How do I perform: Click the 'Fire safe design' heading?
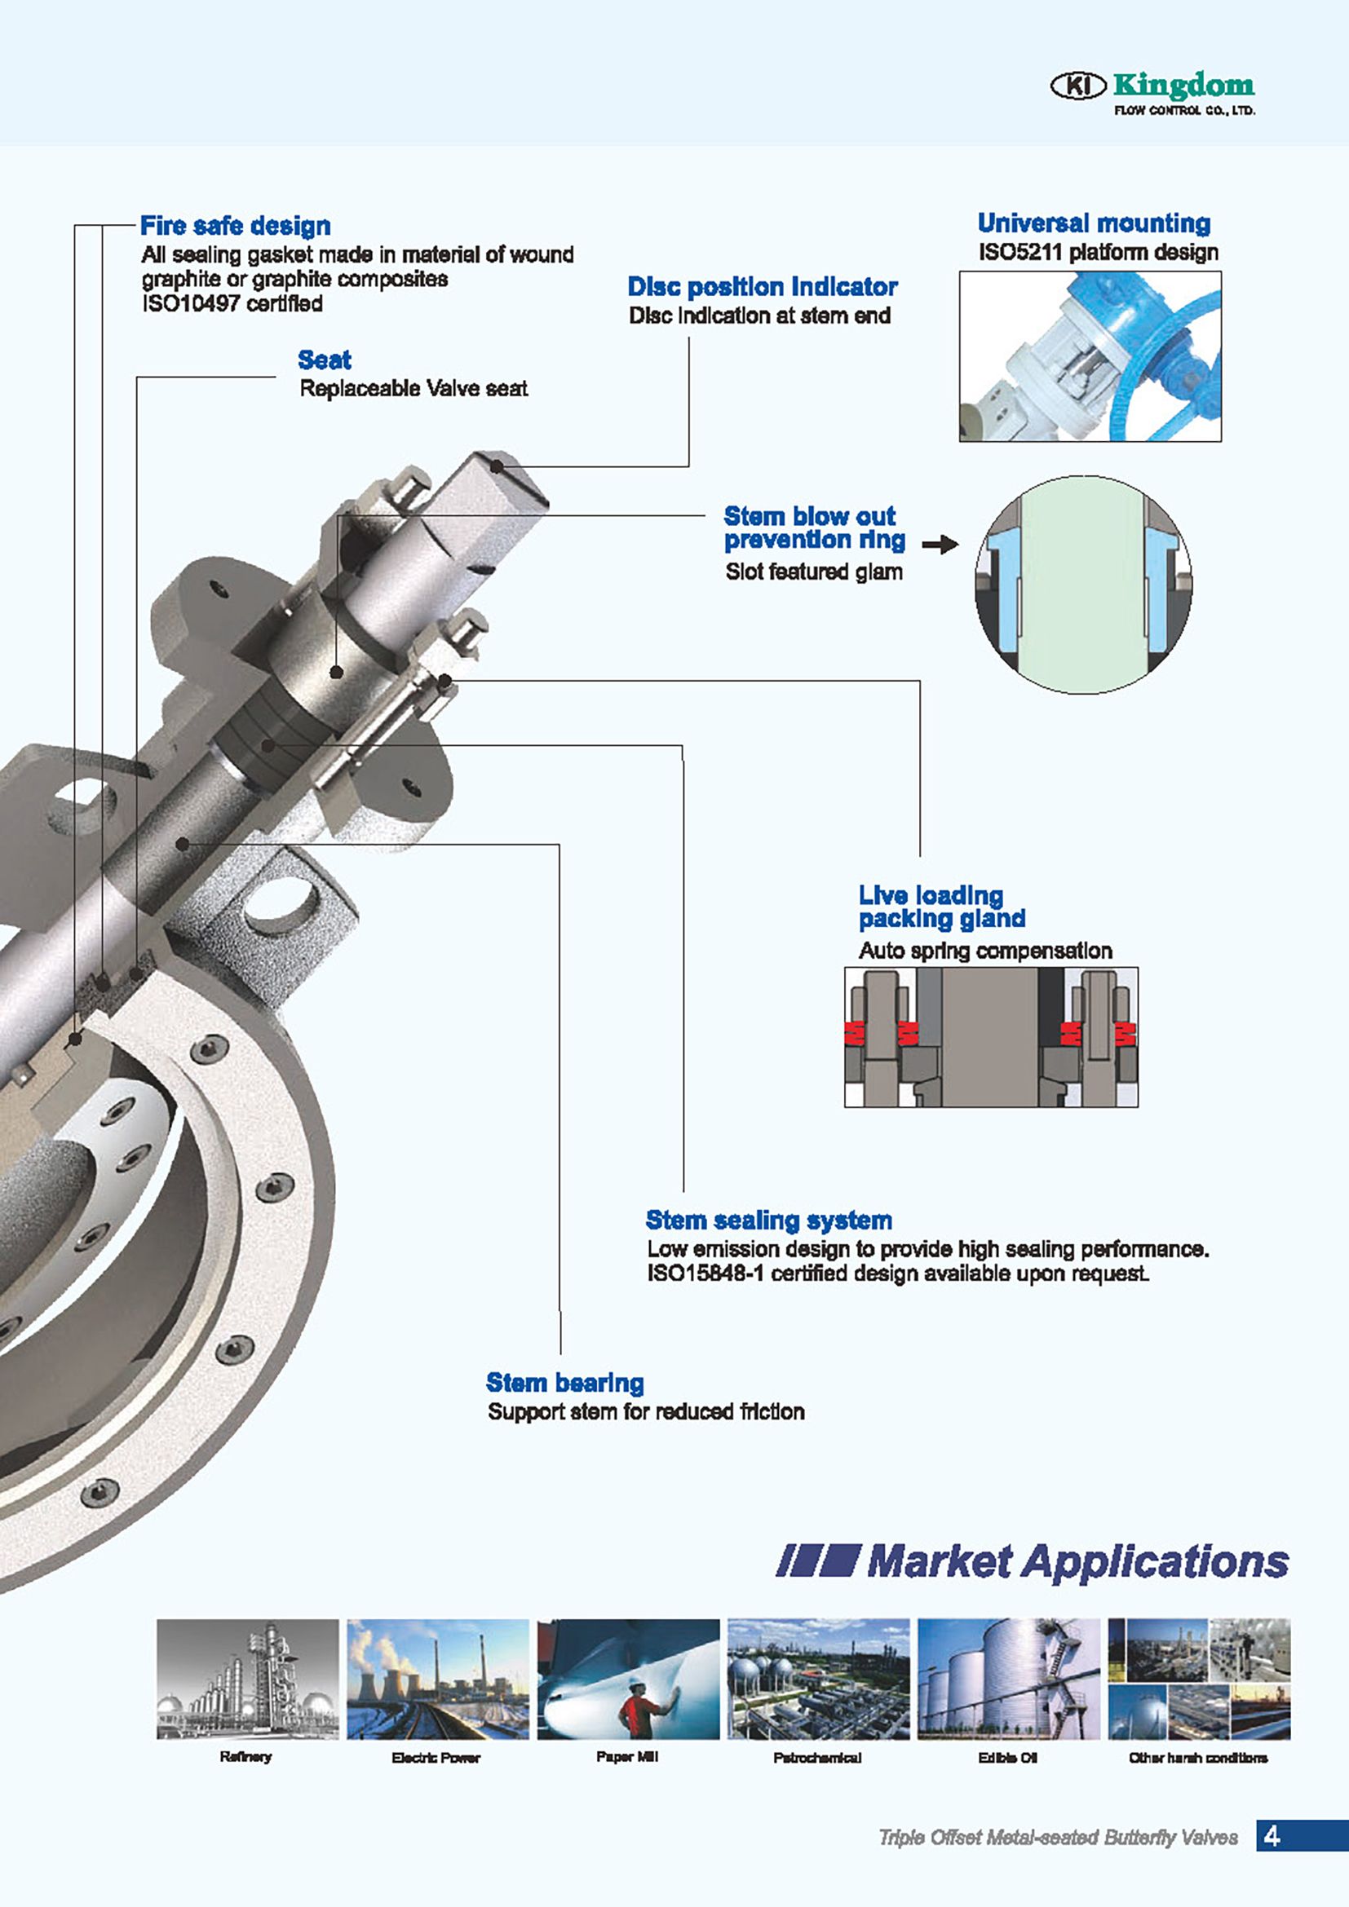coord(235,226)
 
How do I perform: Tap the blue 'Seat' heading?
coord(324,360)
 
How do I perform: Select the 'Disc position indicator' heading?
coord(762,286)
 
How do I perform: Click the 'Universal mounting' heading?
coord(1093,223)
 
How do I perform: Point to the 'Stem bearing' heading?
coord(565,1382)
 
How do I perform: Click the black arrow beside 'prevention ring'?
coord(940,545)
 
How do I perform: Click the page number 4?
coord(1271,1835)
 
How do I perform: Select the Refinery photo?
coord(248,1679)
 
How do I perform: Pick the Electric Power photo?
coord(438,1679)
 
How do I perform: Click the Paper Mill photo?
coord(628,1679)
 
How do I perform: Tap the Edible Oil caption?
coord(1007,1758)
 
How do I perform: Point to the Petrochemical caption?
coord(817,1758)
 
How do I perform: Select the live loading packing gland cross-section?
coord(991,1036)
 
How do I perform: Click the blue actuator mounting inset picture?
coord(1090,355)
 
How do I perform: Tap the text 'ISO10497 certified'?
coord(232,303)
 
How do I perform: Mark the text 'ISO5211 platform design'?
coord(1098,252)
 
